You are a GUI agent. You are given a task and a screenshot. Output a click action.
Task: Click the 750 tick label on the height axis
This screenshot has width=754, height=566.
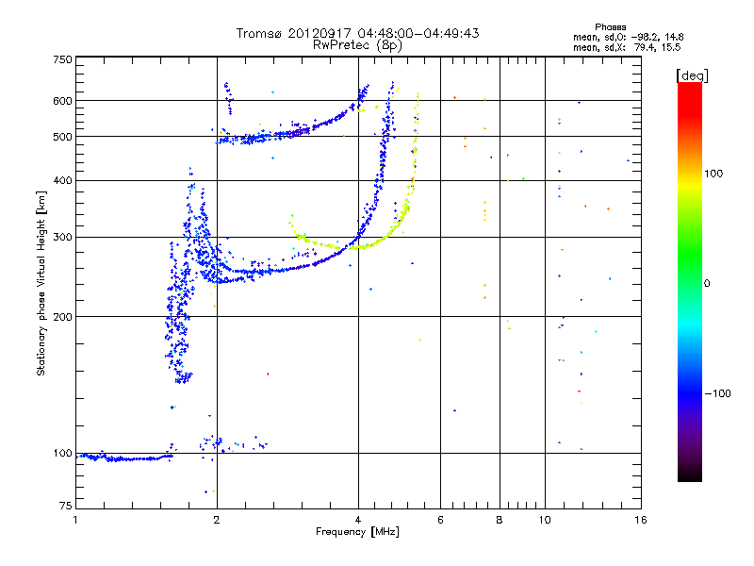pyautogui.click(x=62, y=58)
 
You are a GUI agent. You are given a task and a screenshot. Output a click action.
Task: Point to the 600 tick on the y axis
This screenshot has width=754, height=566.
pyautogui.click(x=62, y=100)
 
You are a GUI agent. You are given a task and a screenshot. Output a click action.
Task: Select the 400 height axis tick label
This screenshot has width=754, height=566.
pyautogui.click(x=62, y=180)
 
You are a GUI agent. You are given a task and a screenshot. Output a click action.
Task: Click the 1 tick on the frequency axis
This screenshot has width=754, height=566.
pyautogui.click(x=75, y=519)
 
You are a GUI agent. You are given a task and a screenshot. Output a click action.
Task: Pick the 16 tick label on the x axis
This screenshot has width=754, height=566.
pyautogui.click(x=639, y=519)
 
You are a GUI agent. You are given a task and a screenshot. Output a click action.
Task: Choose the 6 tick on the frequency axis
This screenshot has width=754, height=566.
pyautogui.click(x=441, y=519)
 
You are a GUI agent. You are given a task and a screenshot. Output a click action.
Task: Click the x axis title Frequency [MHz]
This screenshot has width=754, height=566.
pyautogui.click(x=357, y=532)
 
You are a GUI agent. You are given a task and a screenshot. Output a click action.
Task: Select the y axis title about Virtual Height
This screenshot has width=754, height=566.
pyautogui.click(x=41, y=283)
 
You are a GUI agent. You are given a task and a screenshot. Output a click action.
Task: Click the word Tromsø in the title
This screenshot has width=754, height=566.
pyautogui.click(x=260, y=33)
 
